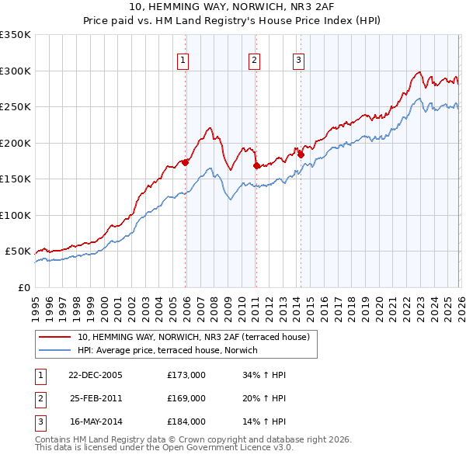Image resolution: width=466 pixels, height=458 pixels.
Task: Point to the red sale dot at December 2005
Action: point(186,162)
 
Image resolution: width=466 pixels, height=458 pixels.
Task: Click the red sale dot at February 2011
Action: point(256,165)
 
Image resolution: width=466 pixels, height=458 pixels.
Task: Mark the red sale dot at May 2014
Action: point(301,154)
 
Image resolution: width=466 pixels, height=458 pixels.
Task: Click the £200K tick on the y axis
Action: point(16,143)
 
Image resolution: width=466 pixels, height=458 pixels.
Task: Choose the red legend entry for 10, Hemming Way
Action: point(193,337)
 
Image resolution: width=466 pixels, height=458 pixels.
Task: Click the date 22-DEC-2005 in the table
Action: point(96,375)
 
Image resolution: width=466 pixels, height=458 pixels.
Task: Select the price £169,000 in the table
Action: point(186,398)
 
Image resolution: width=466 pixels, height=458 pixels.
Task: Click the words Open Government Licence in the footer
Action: point(232,448)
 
